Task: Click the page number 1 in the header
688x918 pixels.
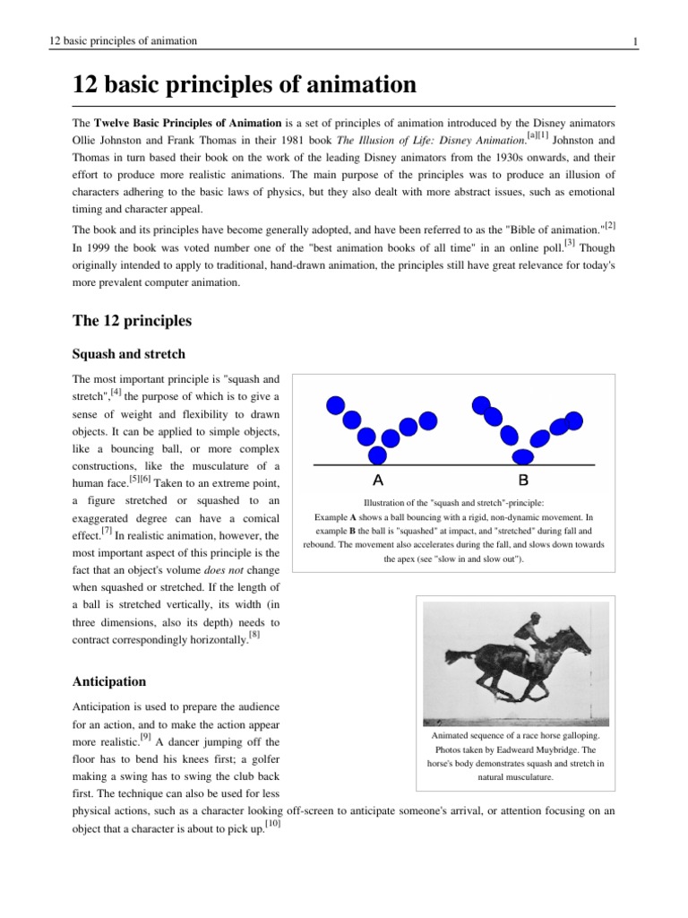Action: (x=634, y=41)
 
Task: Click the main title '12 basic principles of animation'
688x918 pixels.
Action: (x=245, y=85)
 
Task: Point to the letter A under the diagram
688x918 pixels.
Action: (x=377, y=479)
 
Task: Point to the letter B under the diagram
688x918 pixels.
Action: (x=523, y=479)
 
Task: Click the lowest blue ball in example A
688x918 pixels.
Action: (x=390, y=439)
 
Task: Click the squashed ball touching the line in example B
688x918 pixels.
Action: (x=520, y=455)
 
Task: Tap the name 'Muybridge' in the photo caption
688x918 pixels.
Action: (x=560, y=749)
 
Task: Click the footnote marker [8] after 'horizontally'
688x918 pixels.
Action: (x=254, y=636)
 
